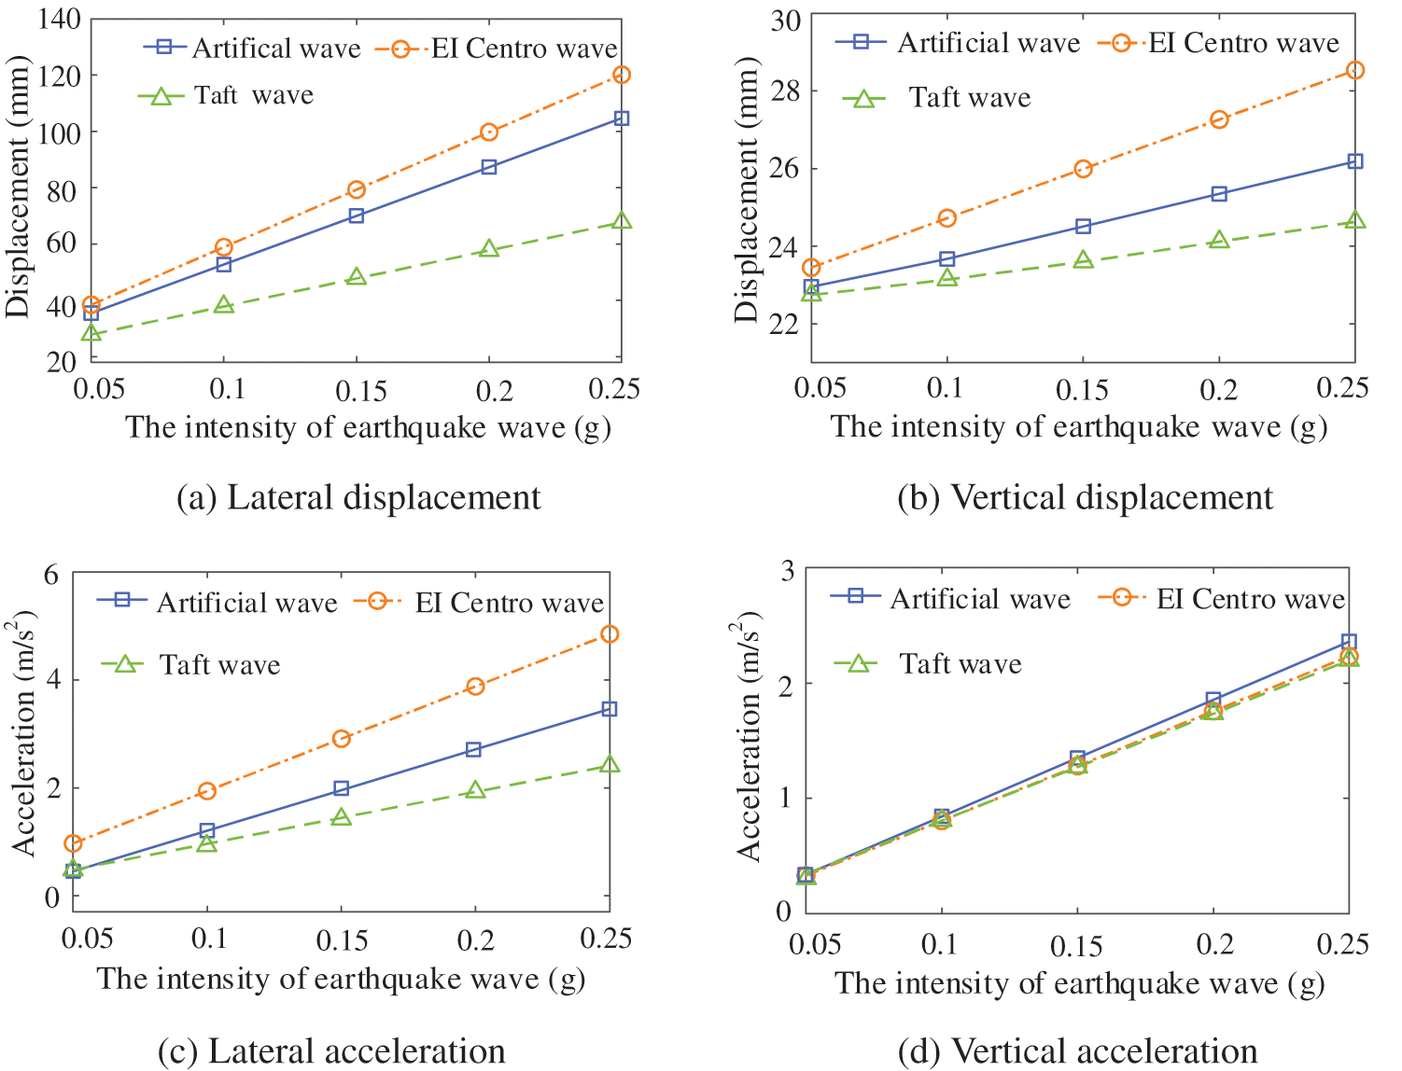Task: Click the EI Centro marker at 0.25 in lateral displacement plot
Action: (x=622, y=75)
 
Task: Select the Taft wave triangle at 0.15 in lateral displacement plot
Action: (x=357, y=277)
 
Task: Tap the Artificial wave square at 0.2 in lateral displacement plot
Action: (x=489, y=167)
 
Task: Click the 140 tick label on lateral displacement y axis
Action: (x=60, y=19)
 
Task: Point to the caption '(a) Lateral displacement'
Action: (x=358, y=497)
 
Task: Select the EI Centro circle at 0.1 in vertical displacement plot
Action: (x=947, y=218)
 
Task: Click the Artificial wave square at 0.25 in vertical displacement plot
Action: (x=1355, y=161)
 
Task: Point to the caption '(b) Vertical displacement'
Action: (x=1085, y=497)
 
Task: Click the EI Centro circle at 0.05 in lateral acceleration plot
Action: (x=73, y=843)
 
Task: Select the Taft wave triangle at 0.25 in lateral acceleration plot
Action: (x=610, y=765)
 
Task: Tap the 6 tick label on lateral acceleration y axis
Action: (x=51, y=574)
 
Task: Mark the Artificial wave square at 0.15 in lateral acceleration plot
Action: (x=342, y=789)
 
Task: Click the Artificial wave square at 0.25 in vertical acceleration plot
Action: (x=1349, y=642)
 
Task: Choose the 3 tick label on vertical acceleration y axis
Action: (x=787, y=570)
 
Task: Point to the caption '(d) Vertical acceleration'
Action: (x=1077, y=1051)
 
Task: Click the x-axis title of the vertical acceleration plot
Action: (x=1079, y=983)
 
